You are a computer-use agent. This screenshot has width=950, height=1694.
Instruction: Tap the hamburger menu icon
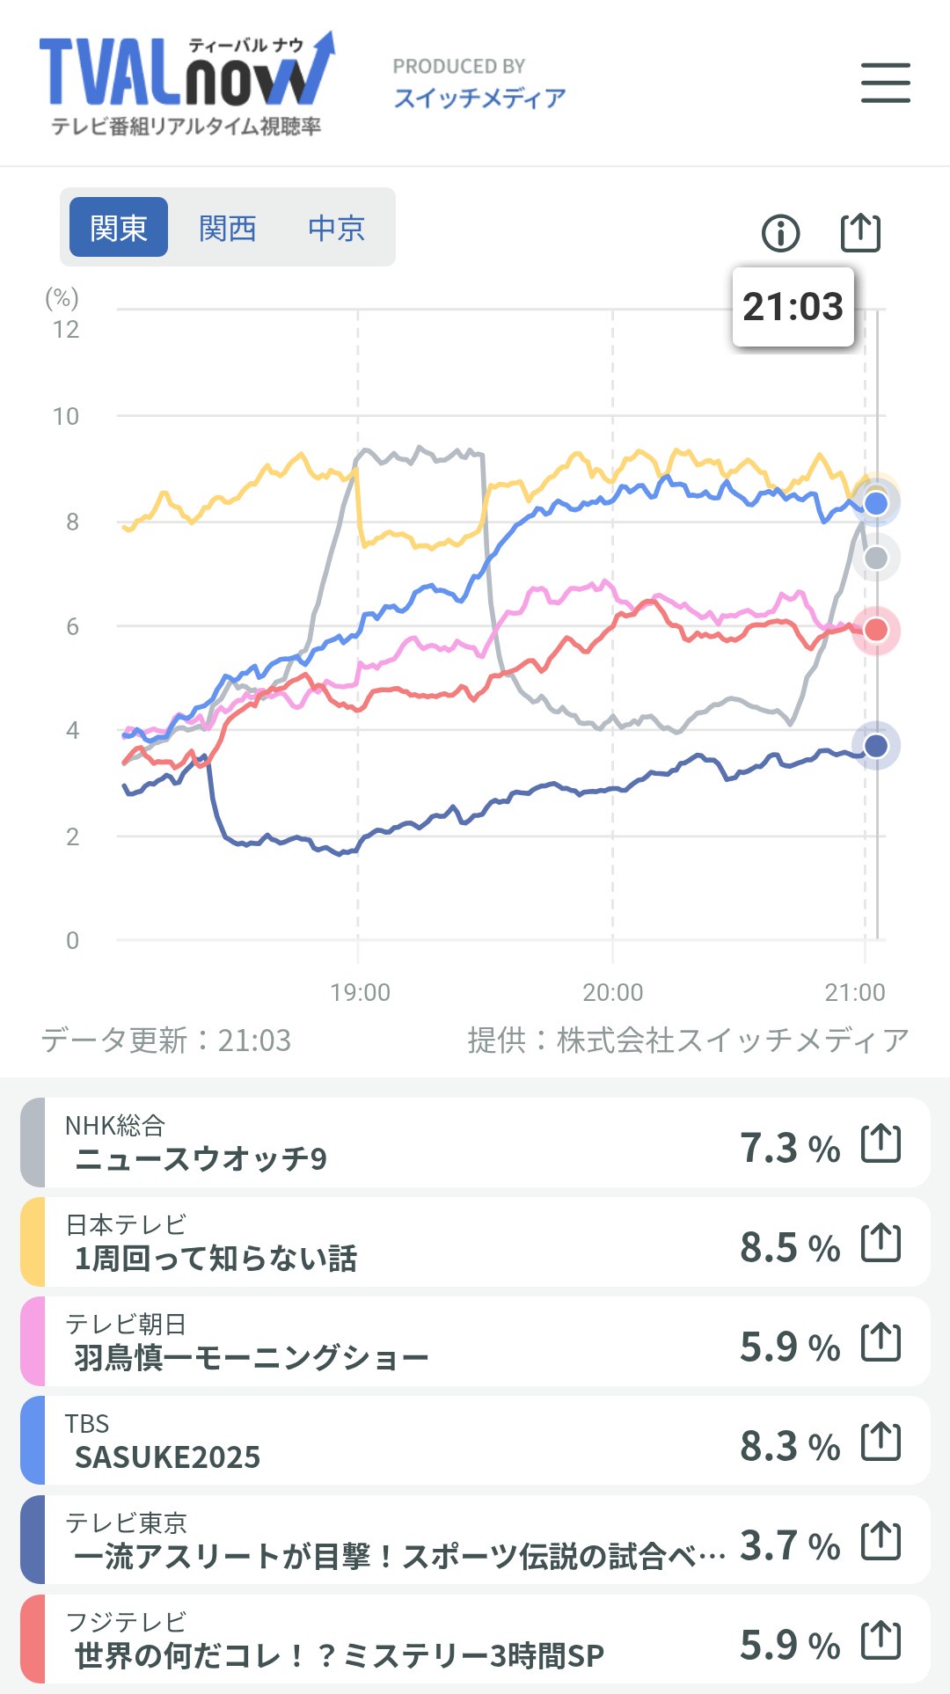(885, 83)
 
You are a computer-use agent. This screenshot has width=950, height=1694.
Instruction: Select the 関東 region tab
(119, 228)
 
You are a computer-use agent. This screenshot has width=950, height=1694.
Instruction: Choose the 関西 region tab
(227, 228)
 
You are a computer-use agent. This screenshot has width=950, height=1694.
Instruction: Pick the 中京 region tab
(336, 228)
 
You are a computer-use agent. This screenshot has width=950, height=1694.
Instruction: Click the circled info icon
(780, 233)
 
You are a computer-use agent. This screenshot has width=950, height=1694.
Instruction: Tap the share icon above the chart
(860, 232)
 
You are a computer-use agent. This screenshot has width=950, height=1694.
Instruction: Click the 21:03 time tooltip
(793, 307)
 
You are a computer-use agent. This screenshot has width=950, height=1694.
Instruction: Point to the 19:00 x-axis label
(360, 992)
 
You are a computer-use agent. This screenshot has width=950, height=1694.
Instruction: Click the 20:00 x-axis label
(612, 992)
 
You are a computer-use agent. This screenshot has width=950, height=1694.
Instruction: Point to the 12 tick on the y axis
(66, 330)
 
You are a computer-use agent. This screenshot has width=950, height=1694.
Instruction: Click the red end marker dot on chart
(876, 630)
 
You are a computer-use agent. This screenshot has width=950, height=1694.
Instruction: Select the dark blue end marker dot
(876, 746)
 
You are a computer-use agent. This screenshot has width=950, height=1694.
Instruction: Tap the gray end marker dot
(876, 558)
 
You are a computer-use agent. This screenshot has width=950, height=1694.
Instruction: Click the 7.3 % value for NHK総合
(789, 1148)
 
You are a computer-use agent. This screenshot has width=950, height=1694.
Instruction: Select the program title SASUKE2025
(167, 1457)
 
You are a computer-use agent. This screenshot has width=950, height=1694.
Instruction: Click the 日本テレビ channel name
(126, 1224)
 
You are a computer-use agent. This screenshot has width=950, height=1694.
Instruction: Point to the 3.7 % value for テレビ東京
(789, 1545)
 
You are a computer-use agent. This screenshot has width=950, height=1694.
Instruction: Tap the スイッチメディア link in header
(479, 98)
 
